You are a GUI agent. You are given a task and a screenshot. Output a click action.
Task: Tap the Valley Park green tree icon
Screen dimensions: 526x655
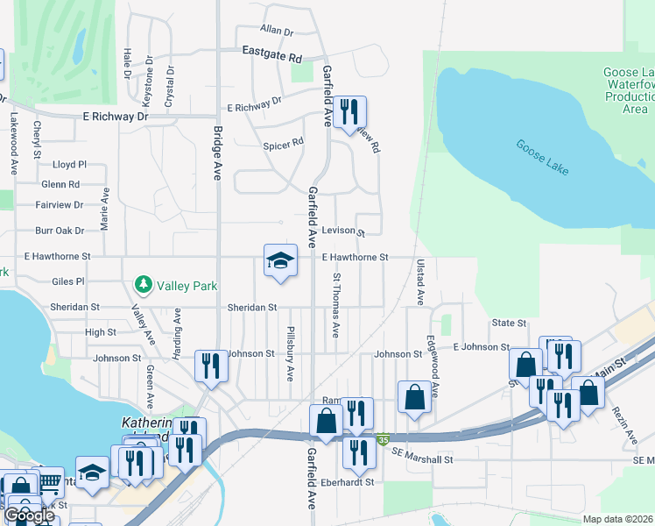click(142, 285)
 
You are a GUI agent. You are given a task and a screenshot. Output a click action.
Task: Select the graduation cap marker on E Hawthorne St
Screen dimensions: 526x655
click(280, 260)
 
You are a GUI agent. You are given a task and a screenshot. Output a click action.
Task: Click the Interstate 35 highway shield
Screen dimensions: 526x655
click(383, 438)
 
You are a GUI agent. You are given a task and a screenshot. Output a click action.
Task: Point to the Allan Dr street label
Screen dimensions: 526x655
click(276, 31)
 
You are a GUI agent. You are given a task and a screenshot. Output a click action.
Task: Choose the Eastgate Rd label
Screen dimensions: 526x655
click(272, 53)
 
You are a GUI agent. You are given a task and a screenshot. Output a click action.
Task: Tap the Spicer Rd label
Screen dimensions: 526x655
click(283, 141)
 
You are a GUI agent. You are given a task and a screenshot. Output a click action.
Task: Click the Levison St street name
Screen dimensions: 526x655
click(342, 231)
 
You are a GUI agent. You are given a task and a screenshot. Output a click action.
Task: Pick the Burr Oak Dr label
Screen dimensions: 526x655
click(60, 231)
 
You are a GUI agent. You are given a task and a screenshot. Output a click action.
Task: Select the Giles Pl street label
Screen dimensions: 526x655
click(67, 282)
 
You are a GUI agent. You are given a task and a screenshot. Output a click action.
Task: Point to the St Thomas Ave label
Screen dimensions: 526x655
click(335, 305)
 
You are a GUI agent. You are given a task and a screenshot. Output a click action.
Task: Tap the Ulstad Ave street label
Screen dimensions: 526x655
click(420, 282)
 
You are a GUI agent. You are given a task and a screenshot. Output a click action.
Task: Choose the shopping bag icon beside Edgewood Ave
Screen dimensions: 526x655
click(414, 396)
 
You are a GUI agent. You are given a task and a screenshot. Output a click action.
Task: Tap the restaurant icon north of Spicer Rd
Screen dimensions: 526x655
click(349, 111)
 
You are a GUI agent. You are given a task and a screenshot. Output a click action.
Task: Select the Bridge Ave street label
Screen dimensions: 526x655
click(216, 153)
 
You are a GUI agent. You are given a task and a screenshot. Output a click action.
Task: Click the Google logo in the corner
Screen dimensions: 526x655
click(29, 515)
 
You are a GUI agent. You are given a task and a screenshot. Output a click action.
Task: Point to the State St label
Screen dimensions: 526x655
click(509, 323)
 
